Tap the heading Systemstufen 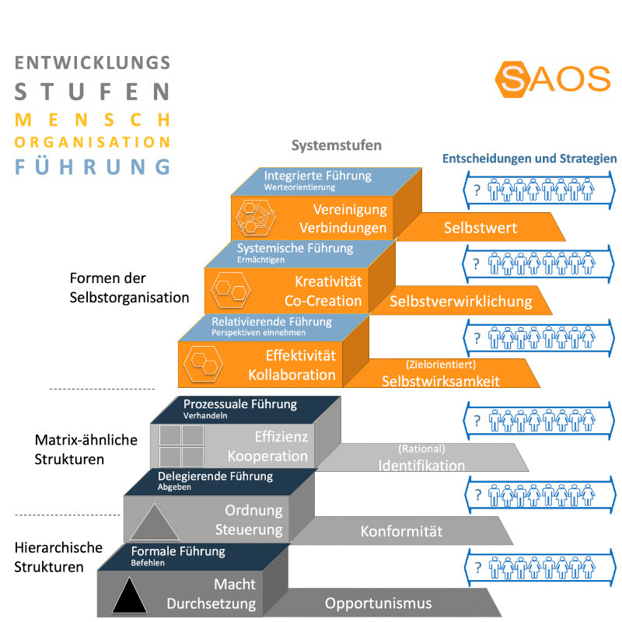(337, 145)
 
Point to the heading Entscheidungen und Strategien (529, 159)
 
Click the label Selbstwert (480, 228)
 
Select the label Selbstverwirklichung (461, 301)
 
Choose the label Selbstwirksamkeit (440, 380)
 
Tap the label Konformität (401, 532)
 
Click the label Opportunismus (379, 603)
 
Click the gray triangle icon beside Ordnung (155, 521)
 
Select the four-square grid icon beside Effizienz (181, 446)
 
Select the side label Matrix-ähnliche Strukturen (86, 449)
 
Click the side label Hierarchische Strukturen (58, 557)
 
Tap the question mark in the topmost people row (476, 190)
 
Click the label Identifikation (421, 466)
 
